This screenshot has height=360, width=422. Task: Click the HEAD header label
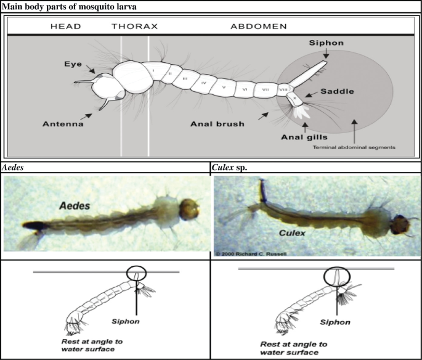pyautogui.click(x=67, y=27)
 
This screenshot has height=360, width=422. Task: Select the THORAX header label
pyautogui.click(x=135, y=27)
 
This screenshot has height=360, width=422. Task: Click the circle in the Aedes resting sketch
pyautogui.click(x=134, y=273)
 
